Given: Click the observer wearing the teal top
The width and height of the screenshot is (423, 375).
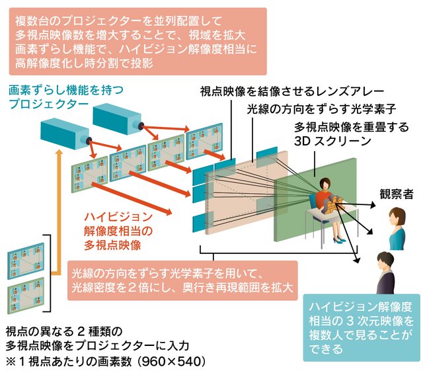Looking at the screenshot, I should coord(397,229).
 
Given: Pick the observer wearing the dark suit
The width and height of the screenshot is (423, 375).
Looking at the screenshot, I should coord(385,274).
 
